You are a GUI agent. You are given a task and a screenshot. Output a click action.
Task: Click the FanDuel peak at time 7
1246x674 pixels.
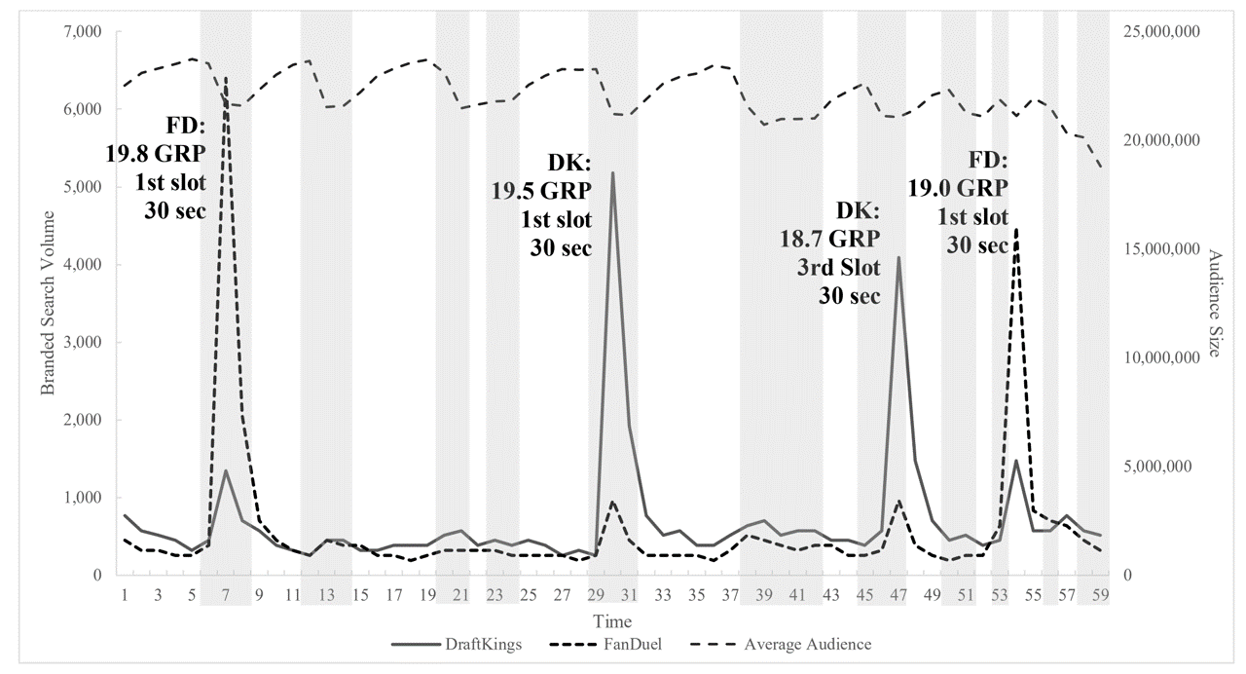pos(226,78)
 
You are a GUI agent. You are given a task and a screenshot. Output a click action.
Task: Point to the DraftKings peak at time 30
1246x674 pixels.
pos(612,172)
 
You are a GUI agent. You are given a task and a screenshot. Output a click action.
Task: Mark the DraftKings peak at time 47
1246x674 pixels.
pos(898,257)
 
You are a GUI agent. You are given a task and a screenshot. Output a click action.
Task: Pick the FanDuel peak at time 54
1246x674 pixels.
pos(1016,230)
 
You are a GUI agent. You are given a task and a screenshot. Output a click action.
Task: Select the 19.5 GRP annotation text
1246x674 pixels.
pos(541,190)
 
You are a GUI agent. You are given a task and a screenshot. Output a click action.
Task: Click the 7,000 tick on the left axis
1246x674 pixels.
pos(83,32)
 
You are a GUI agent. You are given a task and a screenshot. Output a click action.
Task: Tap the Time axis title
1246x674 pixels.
pos(615,621)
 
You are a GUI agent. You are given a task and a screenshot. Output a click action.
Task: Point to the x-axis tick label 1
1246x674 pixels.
pos(125,594)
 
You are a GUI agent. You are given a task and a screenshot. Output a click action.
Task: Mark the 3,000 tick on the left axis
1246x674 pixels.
pos(83,343)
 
